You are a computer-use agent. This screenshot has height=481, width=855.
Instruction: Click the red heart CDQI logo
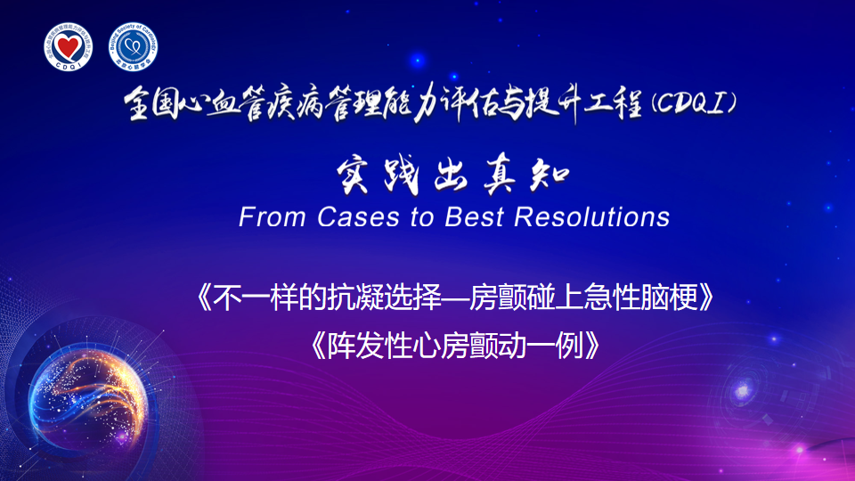(x=69, y=47)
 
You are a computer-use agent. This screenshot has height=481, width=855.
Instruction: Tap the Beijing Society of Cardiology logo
(x=133, y=47)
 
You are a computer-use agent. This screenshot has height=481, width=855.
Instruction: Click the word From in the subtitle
(x=272, y=217)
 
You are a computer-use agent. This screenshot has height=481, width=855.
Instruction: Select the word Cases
(x=358, y=217)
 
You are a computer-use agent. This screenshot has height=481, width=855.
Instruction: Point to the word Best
(x=473, y=217)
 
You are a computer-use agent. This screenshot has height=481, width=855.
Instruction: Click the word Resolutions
(x=591, y=217)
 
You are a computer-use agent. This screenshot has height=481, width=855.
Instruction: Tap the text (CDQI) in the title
(x=694, y=103)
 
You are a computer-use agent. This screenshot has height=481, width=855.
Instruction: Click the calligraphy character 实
(x=353, y=176)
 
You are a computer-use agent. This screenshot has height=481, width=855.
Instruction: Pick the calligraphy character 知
(x=550, y=176)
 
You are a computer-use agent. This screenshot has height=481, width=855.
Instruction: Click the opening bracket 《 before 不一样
(x=204, y=298)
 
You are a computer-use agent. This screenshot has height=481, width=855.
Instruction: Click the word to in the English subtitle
(x=422, y=217)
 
